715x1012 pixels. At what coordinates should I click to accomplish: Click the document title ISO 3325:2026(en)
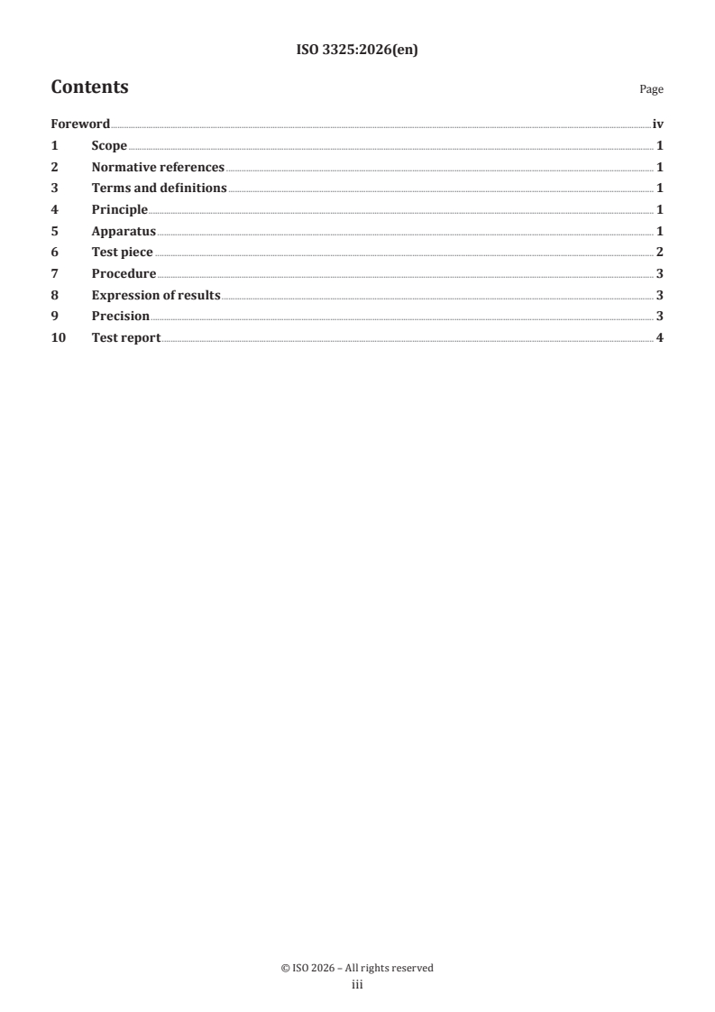point(357,51)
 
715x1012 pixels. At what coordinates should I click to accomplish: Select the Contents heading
point(89,87)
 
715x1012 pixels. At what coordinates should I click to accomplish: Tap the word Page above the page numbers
point(651,89)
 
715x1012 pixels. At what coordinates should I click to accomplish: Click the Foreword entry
point(80,124)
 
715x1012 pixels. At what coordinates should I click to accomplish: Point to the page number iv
point(657,124)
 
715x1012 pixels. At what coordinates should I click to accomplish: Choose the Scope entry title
point(109,146)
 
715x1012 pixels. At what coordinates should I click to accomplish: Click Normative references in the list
point(158,167)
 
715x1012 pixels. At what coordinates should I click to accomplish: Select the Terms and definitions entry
point(159,189)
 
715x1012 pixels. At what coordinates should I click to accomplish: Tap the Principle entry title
point(120,210)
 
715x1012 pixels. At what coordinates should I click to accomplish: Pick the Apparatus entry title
point(124,231)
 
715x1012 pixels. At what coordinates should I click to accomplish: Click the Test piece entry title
point(123,253)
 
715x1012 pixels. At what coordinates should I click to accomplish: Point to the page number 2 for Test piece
point(660,253)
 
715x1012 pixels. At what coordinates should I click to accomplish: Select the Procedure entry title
point(124,274)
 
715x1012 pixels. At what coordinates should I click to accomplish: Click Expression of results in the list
point(156,295)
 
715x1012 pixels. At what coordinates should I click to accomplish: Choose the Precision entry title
point(121,317)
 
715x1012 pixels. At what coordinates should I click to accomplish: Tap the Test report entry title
point(126,338)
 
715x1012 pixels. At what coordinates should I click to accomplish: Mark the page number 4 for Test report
point(660,338)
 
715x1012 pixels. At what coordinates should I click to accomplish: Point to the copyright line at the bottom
point(357,968)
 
